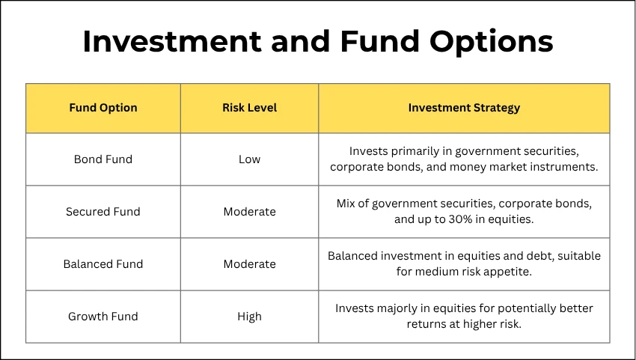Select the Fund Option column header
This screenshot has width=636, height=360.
pyautogui.click(x=103, y=108)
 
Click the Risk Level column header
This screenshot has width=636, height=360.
pyautogui.click(x=249, y=108)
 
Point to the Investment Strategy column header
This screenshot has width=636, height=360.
pyautogui.click(x=464, y=108)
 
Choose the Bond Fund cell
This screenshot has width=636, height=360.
pyautogui.click(x=103, y=159)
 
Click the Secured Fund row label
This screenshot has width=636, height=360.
pyautogui.click(x=103, y=212)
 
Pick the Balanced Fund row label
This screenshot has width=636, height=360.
pyautogui.click(x=103, y=264)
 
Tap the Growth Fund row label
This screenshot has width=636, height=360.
pyautogui.click(x=103, y=317)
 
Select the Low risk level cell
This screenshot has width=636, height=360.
pyautogui.click(x=249, y=159)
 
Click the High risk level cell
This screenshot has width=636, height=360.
pyautogui.click(x=249, y=317)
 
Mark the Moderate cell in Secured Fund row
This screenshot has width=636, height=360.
pyautogui.click(x=249, y=212)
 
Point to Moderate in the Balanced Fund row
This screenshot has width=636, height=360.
pyautogui.click(x=249, y=264)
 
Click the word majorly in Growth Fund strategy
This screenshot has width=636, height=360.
pyautogui.click(x=403, y=308)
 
